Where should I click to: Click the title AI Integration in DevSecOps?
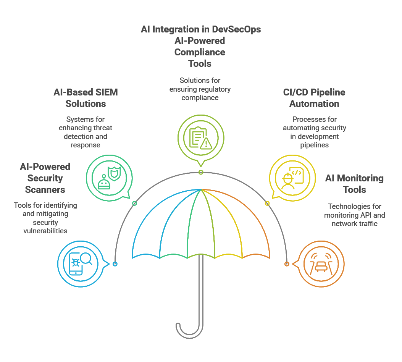click(201, 29)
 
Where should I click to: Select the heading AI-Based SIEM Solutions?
click(86, 98)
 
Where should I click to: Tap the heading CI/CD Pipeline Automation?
click(314, 98)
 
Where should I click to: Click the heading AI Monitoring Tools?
click(354, 184)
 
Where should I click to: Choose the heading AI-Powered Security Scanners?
click(45, 178)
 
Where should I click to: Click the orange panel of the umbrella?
click(252, 225)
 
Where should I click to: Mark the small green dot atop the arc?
click(201, 172)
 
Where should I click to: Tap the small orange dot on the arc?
click(287, 264)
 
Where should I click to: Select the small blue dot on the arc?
click(115, 264)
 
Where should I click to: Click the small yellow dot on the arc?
click(267, 204)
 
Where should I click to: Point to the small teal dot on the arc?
click(134, 204)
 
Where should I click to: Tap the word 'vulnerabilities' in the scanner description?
click(45, 231)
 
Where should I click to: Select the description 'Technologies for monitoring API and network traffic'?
click(354, 215)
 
